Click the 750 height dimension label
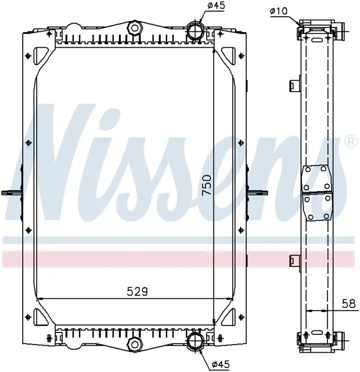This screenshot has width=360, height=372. pyautogui.click(x=207, y=185)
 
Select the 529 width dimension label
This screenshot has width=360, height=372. pyautogui.click(x=137, y=291)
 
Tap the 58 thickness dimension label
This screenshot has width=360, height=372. pyautogui.click(x=349, y=303)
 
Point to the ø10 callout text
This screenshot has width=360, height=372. pyautogui.click(x=279, y=11)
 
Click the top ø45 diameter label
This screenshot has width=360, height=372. pyautogui.click(x=216, y=5)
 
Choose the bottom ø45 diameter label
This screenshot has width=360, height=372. pyautogui.click(x=221, y=364)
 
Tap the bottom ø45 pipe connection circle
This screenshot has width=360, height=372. pyautogui.click(x=196, y=341)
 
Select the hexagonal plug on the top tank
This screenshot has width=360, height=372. pyautogui.click(x=135, y=28)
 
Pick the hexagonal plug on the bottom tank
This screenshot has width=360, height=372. pyautogui.click(x=135, y=344)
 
